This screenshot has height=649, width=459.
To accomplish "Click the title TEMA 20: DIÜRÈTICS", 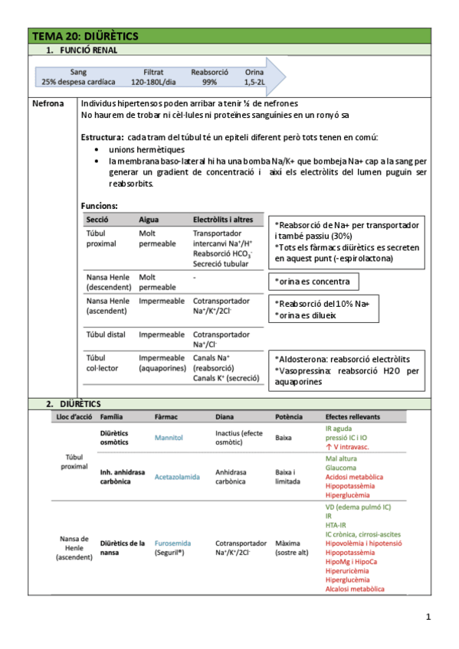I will pos(85,37).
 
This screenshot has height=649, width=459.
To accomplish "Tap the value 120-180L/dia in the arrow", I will pos(153,81).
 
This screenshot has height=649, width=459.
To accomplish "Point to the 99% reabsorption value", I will pos(209,81).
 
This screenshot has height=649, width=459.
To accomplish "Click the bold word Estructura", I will pos(103,137).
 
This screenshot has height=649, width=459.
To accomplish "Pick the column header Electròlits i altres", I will pos(221,220).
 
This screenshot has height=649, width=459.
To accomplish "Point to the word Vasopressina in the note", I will pos(304,370).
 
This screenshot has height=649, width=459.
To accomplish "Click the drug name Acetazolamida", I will pos(177,476).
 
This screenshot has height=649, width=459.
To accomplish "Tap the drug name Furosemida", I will pos(172,543).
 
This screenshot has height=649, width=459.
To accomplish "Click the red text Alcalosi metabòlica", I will pos(355,589).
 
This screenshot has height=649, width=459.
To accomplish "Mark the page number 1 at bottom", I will pos(428,617).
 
